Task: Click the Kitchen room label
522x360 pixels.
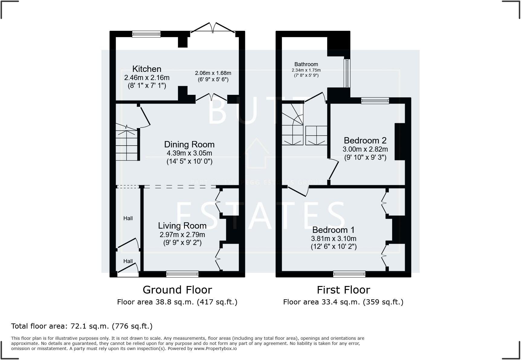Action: [x=147, y=69]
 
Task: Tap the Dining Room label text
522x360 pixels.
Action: [x=189, y=144]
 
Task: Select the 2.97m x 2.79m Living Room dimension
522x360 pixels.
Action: [x=182, y=235]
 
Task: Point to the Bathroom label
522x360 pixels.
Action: [x=306, y=64]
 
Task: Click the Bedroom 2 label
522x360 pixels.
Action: [x=365, y=140]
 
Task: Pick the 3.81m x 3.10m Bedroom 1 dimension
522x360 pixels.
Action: [x=333, y=239]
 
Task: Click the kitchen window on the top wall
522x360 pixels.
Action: [x=146, y=34]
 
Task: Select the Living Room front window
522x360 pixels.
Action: [x=182, y=274]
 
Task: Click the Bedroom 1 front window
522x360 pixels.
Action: [x=349, y=274]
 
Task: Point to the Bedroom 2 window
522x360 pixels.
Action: [x=375, y=101]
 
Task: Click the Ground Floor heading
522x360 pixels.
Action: [x=177, y=290]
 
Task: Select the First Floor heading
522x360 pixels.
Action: [x=343, y=290]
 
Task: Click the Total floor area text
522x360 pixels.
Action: [x=82, y=326]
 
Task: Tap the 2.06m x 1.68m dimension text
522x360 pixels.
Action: [x=213, y=73]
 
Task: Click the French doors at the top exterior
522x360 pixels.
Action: [x=213, y=28]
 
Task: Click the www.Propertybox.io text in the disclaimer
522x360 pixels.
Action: [x=215, y=349]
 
